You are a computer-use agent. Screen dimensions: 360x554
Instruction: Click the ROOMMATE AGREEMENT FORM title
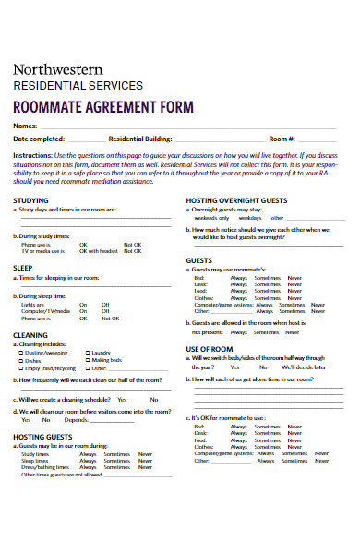coord(103,106)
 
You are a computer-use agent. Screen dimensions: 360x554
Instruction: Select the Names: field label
coord(25,126)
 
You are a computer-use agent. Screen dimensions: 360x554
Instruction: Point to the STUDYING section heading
coord(31,199)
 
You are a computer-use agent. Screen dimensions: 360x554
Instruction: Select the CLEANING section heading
coord(30,335)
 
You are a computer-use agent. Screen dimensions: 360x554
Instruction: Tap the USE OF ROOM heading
coord(210,348)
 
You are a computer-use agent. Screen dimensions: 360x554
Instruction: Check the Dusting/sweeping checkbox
coord(21,353)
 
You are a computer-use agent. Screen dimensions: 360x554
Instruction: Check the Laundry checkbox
coord(88,353)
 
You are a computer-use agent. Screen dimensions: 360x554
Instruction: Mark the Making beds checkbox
coord(88,360)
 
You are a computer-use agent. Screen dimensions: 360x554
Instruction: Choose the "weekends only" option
coord(210,218)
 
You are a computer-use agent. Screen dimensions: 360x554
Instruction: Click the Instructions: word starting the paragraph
coord(31,155)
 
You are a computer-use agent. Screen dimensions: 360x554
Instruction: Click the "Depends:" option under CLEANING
coord(75,419)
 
